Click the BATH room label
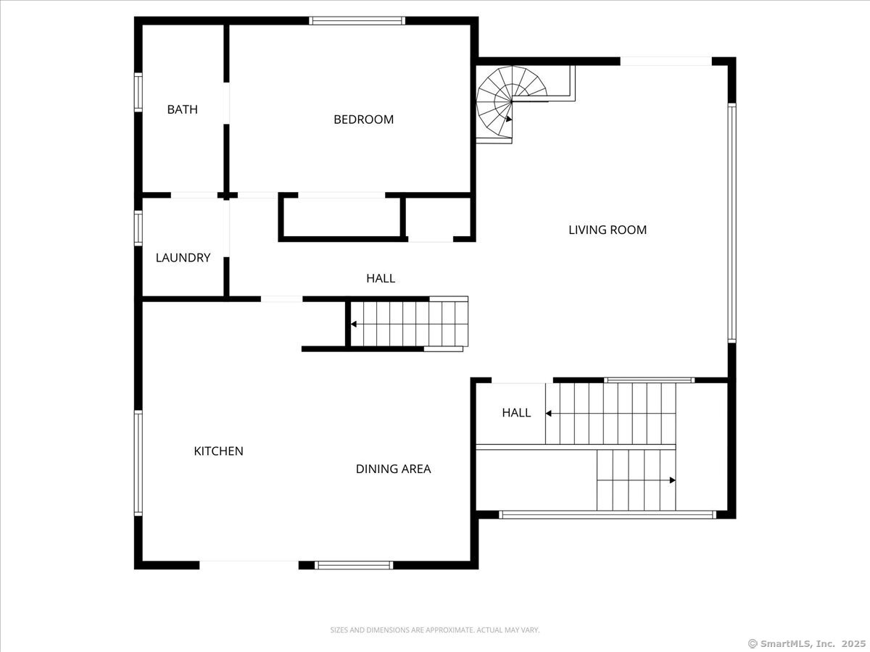(x=182, y=109)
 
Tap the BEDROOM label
(x=363, y=120)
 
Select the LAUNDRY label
(x=183, y=257)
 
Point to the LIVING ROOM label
(x=607, y=230)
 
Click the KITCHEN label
(x=218, y=451)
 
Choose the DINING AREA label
(x=393, y=469)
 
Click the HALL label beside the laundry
(x=381, y=278)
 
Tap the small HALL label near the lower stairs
(x=516, y=413)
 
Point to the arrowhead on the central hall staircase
(x=354, y=324)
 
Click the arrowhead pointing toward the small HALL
(x=549, y=413)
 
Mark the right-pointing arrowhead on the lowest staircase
(x=673, y=480)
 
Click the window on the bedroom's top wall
(x=357, y=21)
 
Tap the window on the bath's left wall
(x=138, y=92)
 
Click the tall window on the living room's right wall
(x=732, y=222)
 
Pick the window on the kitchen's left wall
(x=138, y=463)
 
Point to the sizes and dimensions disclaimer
(x=435, y=630)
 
